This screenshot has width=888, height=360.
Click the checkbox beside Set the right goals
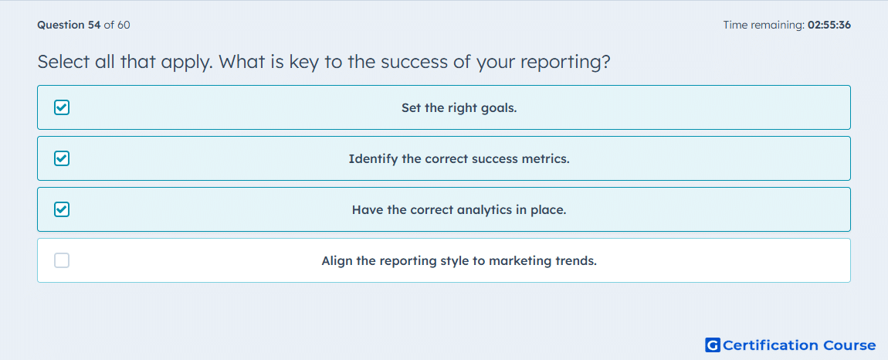pos(62,107)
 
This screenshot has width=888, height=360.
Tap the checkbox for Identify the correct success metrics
pos(62,158)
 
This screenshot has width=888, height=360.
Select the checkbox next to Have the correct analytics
pos(62,210)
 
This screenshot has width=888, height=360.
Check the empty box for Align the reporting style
pos(62,261)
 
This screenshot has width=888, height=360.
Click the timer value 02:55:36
pos(829,25)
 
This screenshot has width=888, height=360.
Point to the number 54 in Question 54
pos(94,25)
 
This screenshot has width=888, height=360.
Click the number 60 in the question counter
pos(124,25)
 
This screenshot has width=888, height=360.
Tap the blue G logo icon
pos(713,345)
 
